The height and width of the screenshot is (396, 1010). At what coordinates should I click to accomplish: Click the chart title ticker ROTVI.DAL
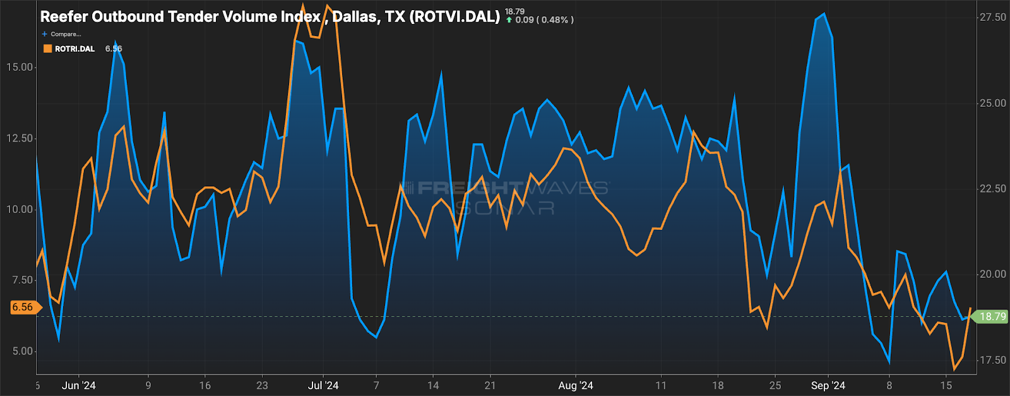454,16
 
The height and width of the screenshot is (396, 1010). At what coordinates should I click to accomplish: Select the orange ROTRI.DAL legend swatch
47,49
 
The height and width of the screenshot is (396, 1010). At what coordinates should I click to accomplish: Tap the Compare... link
65,34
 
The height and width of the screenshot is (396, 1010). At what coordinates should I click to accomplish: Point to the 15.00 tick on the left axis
20,67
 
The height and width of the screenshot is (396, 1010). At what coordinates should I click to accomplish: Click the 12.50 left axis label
20,138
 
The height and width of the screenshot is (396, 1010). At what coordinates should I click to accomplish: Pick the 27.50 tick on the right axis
992,18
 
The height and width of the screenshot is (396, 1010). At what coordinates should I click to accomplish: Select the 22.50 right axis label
992,189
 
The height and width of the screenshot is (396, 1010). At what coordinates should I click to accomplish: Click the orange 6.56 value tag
23,308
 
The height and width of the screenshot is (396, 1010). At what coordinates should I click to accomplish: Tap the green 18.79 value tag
992,316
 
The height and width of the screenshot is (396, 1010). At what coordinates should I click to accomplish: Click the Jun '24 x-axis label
79,385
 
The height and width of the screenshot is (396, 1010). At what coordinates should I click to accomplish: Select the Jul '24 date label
323,385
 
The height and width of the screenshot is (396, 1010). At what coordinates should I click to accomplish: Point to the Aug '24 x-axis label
576,385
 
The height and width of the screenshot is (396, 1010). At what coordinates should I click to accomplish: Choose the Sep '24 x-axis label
828,385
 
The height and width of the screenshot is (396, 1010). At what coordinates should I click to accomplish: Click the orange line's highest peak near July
328,6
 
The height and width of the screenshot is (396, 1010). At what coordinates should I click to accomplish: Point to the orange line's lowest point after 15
954,369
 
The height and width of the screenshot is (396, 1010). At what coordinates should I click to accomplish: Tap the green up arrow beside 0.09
509,20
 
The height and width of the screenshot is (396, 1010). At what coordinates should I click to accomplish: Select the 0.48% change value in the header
555,20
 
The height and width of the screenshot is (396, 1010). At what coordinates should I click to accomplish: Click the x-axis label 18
718,385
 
